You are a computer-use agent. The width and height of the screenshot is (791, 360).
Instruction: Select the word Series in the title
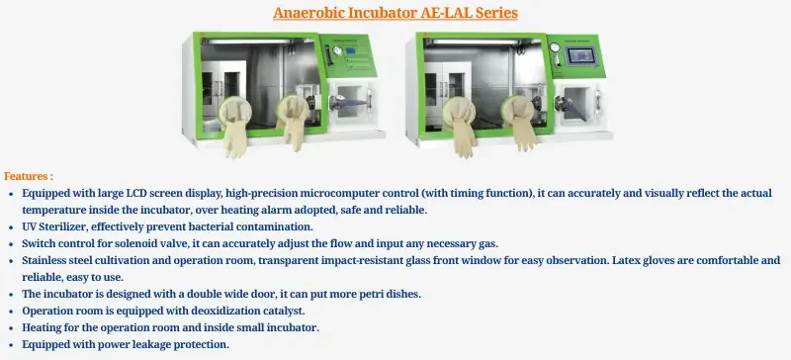(490, 14)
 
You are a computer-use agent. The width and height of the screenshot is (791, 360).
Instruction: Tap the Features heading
(29, 175)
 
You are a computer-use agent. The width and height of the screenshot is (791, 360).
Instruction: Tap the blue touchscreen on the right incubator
(581, 58)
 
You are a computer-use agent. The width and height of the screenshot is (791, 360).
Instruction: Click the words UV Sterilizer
(57, 227)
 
